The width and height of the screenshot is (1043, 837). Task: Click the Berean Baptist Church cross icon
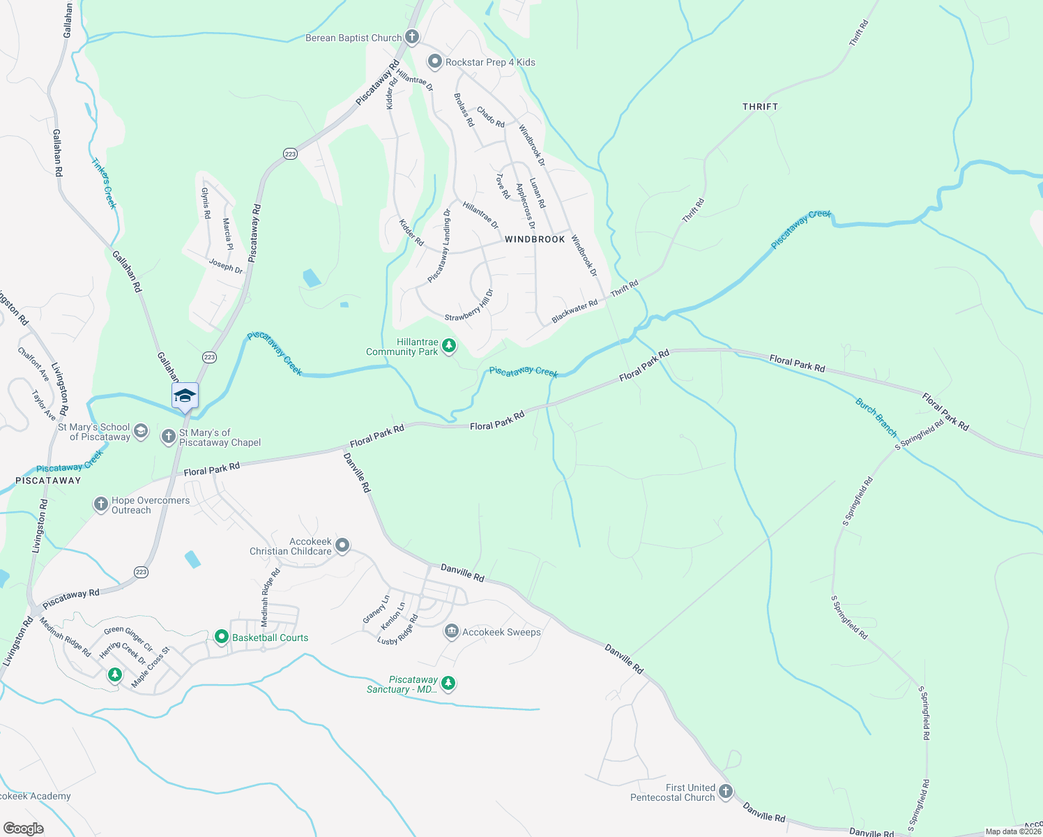(412, 37)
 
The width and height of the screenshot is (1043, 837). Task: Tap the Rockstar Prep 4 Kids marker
(435, 62)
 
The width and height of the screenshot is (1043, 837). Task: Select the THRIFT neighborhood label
(760, 107)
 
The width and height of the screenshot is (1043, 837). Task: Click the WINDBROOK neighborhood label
(535, 239)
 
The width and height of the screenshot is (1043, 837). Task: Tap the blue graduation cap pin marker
(185, 396)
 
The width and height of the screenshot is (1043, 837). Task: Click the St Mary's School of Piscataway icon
(141, 431)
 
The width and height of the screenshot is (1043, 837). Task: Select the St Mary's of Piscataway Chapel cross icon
(168, 437)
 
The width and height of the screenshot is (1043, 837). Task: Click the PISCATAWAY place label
(49, 481)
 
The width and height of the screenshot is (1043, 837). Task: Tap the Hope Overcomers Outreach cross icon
(101, 504)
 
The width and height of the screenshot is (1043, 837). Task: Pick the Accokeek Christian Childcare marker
(342, 545)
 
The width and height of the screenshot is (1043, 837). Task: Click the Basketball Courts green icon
(222, 637)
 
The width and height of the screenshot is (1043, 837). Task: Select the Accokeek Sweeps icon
(451, 632)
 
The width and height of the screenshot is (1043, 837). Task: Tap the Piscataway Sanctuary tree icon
(449, 684)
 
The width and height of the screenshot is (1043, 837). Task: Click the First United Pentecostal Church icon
(726, 792)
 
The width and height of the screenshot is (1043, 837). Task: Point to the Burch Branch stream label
(876, 417)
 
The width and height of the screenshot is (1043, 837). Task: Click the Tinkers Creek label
(104, 183)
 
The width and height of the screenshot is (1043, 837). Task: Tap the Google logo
(23, 828)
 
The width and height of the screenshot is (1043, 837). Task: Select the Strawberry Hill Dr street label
(469, 306)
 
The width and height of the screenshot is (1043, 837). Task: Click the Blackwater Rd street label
(574, 311)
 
